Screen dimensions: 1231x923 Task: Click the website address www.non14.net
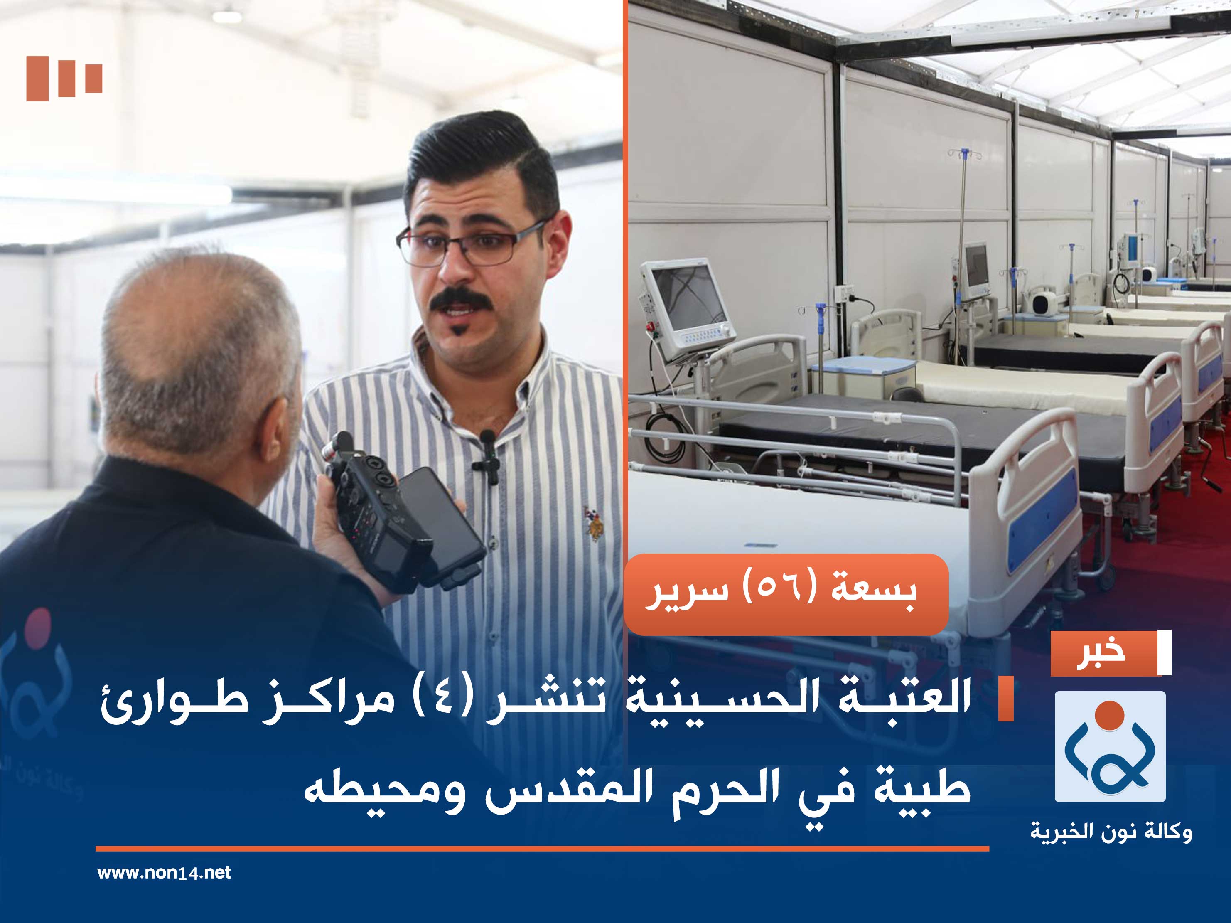(x=164, y=872)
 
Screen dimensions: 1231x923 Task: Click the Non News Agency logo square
(x=1110, y=746)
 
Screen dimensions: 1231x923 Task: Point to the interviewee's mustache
(x=461, y=299)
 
